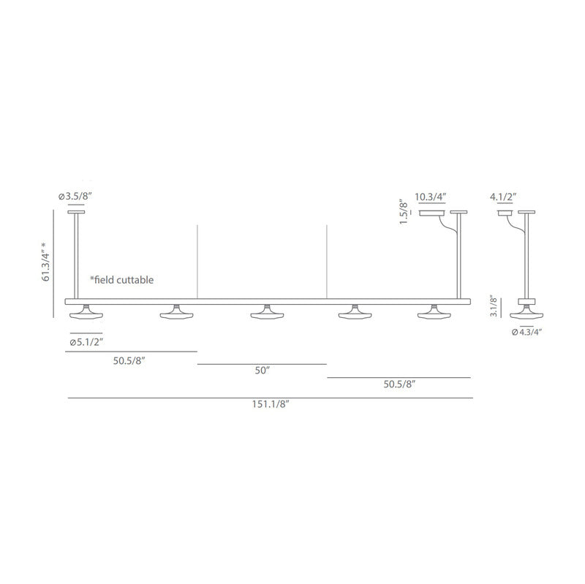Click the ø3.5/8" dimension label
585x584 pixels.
[x=75, y=196]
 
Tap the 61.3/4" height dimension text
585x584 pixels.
[x=46, y=262]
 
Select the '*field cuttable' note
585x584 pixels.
[x=122, y=280]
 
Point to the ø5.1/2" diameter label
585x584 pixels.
[x=86, y=342]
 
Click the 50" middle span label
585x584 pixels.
[x=263, y=371]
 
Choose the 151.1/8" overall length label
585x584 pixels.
[x=271, y=404]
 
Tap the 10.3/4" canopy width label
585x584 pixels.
[x=431, y=197]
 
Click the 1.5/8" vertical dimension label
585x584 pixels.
[x=404, y=211]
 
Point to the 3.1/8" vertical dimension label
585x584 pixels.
[x=494, y=306]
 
